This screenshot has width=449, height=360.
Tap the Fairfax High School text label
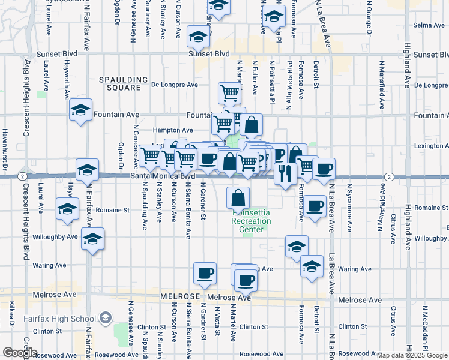[x=59, y=319]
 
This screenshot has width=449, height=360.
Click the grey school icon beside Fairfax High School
[x=106, y=317]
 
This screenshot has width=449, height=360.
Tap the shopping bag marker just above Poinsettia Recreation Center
[x=238, y=196]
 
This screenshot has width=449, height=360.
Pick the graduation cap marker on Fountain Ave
[x=80, y=110]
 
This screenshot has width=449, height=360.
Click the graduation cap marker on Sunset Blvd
[x=197, y=37]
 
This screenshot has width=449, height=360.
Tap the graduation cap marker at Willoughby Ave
[x=92, y=240]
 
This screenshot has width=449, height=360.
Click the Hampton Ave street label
[x=173, y=130]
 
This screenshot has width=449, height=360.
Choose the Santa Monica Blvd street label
[x=163, y=176]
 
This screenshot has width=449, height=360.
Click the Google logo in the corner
[x=20, y=353]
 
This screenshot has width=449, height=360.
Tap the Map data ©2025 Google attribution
[x=412, y=355]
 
